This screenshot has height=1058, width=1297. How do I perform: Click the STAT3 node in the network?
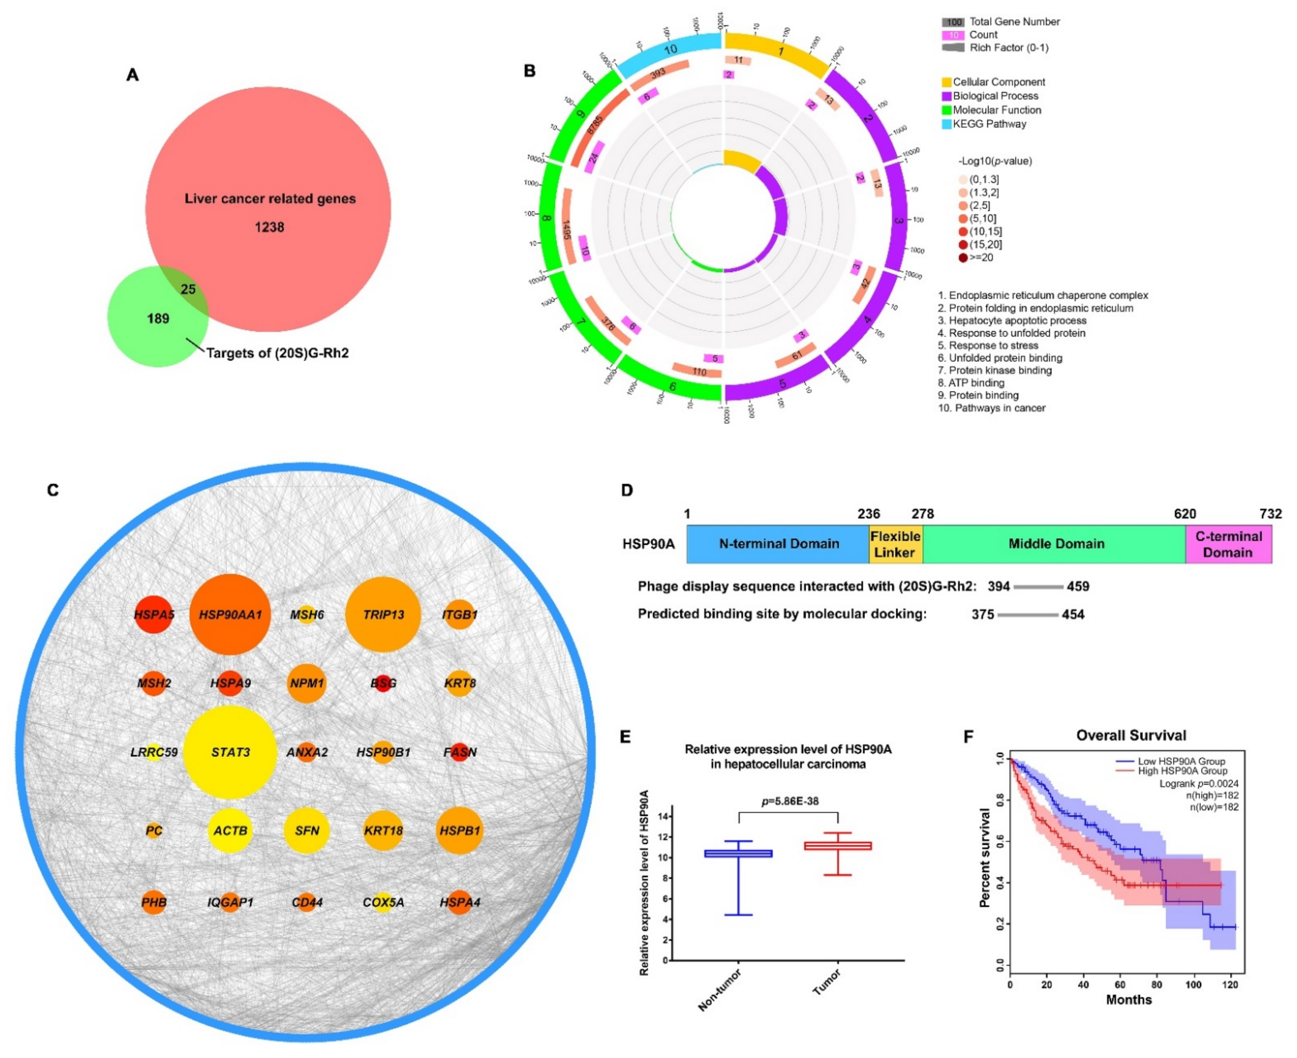click(230, 752)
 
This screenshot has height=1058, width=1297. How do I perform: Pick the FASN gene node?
click(460, 752)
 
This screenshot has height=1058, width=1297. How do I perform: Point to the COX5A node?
click(383, 902)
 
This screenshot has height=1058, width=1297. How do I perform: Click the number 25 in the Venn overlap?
click(188, 289)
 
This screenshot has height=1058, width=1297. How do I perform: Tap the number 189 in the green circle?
click(158, 318)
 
